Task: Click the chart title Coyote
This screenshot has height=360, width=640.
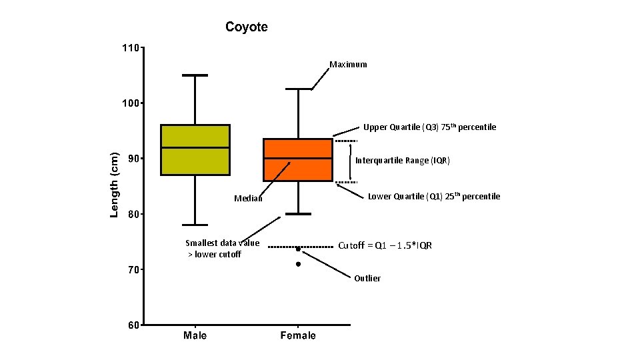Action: [247, 27]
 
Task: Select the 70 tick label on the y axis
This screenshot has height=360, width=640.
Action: [133, 270]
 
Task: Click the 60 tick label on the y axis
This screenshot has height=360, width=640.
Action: [133, 325]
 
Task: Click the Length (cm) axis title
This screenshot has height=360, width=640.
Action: [114, 185]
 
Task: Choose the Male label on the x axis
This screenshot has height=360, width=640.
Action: [195, 335]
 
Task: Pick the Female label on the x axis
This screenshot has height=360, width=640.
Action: [298, 335]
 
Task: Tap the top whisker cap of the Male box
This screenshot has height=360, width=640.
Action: [195, 75]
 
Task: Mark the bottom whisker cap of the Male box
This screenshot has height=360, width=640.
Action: [195, 225]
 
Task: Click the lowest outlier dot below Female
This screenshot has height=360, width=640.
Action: [298, 264]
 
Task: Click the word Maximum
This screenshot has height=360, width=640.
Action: [348, 65]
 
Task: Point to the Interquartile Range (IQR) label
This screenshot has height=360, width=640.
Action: [403, 161]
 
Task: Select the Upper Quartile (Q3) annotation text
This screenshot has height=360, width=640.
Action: [429, 127]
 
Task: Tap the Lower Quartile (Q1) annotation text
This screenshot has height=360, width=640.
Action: [434, 196]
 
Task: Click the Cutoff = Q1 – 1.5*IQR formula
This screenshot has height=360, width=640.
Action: [385, 245]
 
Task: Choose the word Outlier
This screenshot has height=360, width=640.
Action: [367, 279]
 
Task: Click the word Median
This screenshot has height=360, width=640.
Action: [249, 199]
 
